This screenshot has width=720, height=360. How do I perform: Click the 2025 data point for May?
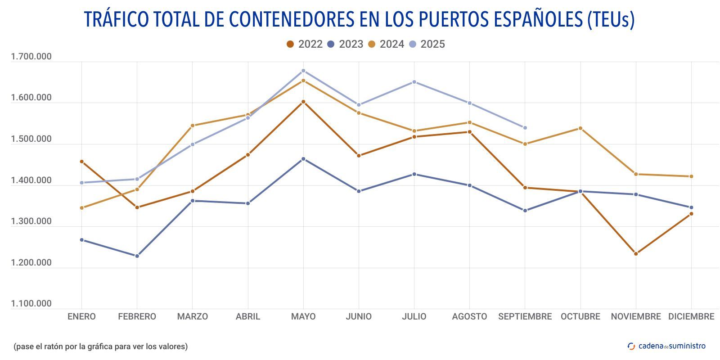tap(303, 71)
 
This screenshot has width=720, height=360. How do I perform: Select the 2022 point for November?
tap(636, 254)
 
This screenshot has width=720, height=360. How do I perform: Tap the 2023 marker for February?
tap(137, 256)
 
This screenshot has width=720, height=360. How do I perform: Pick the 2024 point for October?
tap(580, 128)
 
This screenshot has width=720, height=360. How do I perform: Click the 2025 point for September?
tap(525, 128)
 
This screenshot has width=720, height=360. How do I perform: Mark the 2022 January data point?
tap(81, 162)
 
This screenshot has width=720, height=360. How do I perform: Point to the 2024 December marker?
tap(691, 176)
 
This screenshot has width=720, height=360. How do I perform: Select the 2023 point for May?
tap(303, 159)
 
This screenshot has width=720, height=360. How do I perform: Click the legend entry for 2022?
tap(305, 44)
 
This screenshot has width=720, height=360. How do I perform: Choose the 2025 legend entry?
tap(427, 44)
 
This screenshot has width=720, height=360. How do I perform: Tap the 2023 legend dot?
tap(331, 44)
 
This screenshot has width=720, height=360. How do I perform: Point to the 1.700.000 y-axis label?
tap(31, 57)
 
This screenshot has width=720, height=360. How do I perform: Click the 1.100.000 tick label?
tap(31, 304)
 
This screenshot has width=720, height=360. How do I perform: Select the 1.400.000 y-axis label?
tap(31, 180)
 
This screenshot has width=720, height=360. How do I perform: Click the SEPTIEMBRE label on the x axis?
tap(525, 316)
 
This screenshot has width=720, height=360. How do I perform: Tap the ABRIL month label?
tap(248, 316)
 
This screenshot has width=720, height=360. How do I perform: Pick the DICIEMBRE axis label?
tap(691, 316)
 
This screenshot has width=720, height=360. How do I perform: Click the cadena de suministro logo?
tap(666, 346)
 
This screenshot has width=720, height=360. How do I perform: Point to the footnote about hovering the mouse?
tap(100, 346)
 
